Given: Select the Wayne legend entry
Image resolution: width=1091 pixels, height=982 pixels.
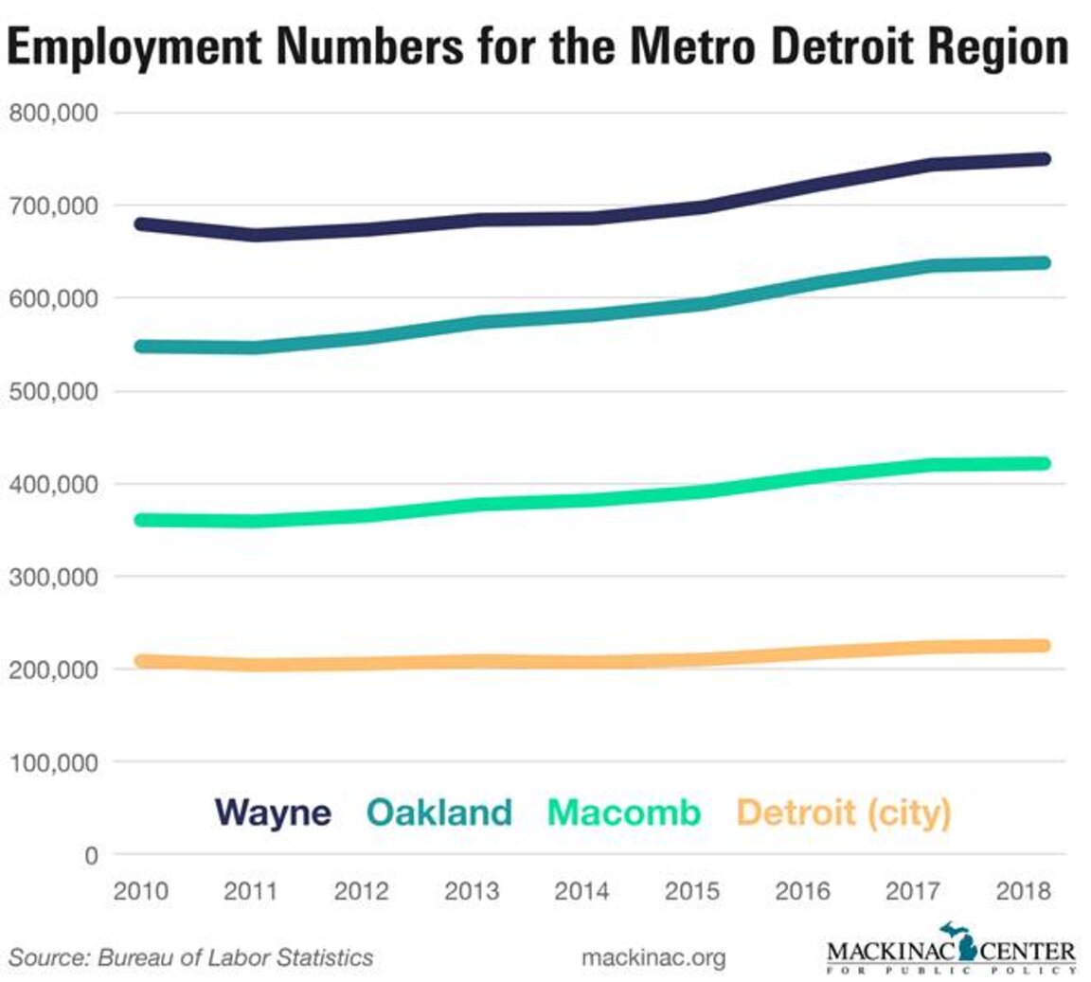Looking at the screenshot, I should (273, 812).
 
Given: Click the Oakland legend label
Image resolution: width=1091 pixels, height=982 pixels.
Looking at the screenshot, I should (439, 812).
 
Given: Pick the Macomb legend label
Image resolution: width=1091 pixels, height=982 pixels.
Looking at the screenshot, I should (624, 812).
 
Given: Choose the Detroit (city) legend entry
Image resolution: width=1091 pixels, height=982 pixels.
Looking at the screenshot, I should (844, 812).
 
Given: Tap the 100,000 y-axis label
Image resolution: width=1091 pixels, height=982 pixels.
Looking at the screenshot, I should (54, 762).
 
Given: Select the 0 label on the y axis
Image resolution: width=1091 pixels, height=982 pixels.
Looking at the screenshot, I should (91, 856).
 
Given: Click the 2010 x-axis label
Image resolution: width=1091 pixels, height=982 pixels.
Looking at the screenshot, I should (140, 892).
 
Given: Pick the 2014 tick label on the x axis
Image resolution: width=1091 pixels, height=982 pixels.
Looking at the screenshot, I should (581, 892).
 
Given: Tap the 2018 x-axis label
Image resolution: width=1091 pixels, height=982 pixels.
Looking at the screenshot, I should (1023, 892).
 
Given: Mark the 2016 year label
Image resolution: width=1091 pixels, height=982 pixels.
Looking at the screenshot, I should (802, 892).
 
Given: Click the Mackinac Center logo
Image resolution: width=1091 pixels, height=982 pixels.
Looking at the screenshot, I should (951, 950).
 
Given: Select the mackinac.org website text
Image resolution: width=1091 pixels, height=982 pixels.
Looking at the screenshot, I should (653, 957).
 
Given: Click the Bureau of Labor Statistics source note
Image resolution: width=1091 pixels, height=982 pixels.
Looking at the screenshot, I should (191, 957).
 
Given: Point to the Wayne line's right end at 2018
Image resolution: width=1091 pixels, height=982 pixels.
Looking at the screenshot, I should (1042, 159).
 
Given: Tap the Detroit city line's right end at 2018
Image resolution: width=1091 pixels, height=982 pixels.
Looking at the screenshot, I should (1042, 646).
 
